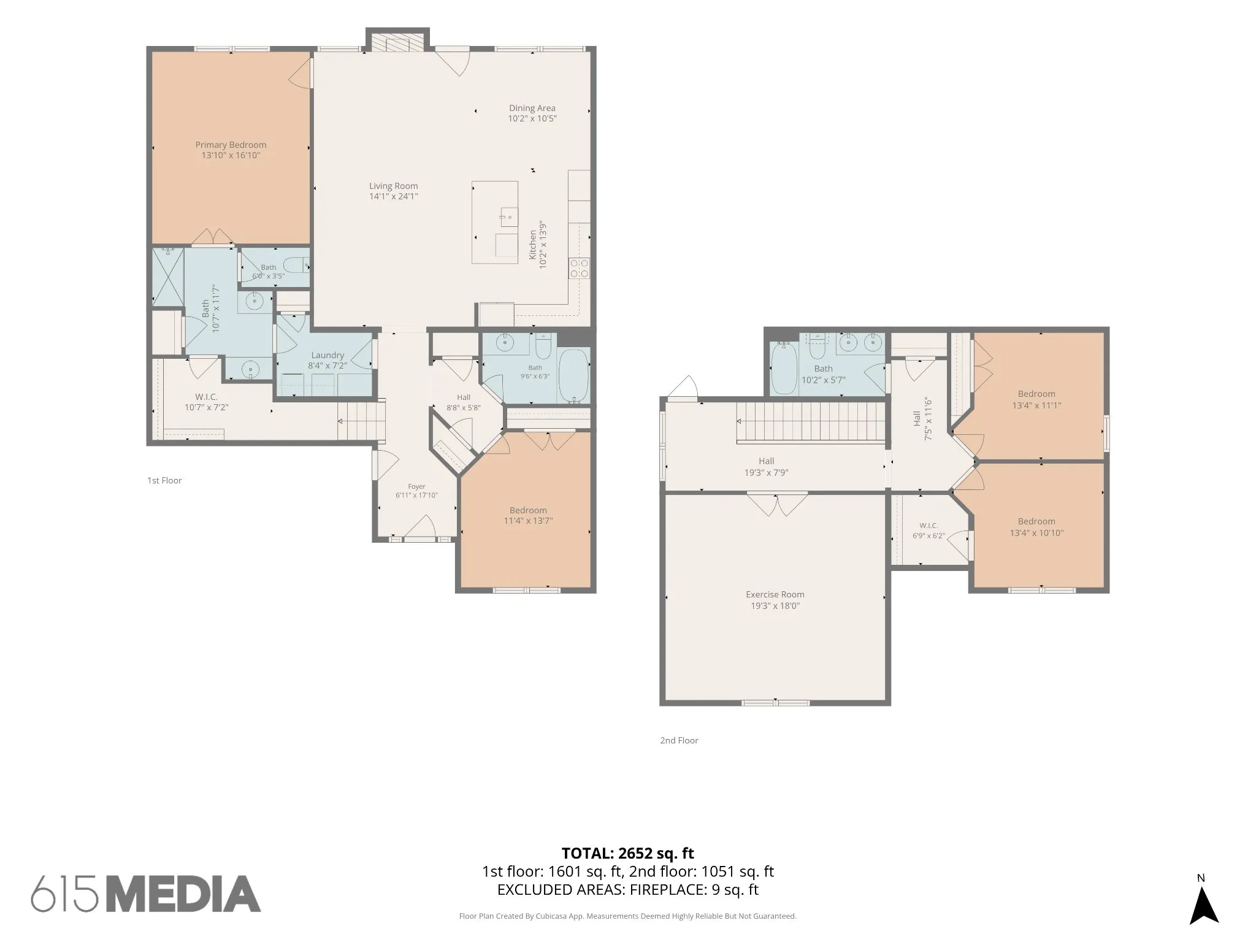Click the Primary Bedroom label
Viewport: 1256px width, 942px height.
[231, 145]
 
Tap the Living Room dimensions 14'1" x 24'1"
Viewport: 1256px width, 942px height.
[393, 196]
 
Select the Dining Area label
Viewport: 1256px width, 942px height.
[532, 108]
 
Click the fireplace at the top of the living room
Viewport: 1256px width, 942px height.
[397, 42]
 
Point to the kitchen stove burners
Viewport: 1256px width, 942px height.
[579, 267]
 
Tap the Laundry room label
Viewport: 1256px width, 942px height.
[327, 355]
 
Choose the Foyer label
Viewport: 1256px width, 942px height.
[416, 486]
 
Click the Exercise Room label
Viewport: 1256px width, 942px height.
[775, 594]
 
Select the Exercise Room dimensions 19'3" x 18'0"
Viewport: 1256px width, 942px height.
[775, 606]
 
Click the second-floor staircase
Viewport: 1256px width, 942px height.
[811, 421]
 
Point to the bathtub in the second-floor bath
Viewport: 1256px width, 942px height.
[783, 368]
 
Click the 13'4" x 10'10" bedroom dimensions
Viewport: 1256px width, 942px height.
[1036, 533]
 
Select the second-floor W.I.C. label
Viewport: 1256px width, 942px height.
[928, 526]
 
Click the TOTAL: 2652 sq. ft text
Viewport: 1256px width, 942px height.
[627, 853]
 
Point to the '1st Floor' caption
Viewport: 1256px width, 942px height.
[164, 480]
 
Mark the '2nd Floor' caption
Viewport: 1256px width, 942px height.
[679, 740]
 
